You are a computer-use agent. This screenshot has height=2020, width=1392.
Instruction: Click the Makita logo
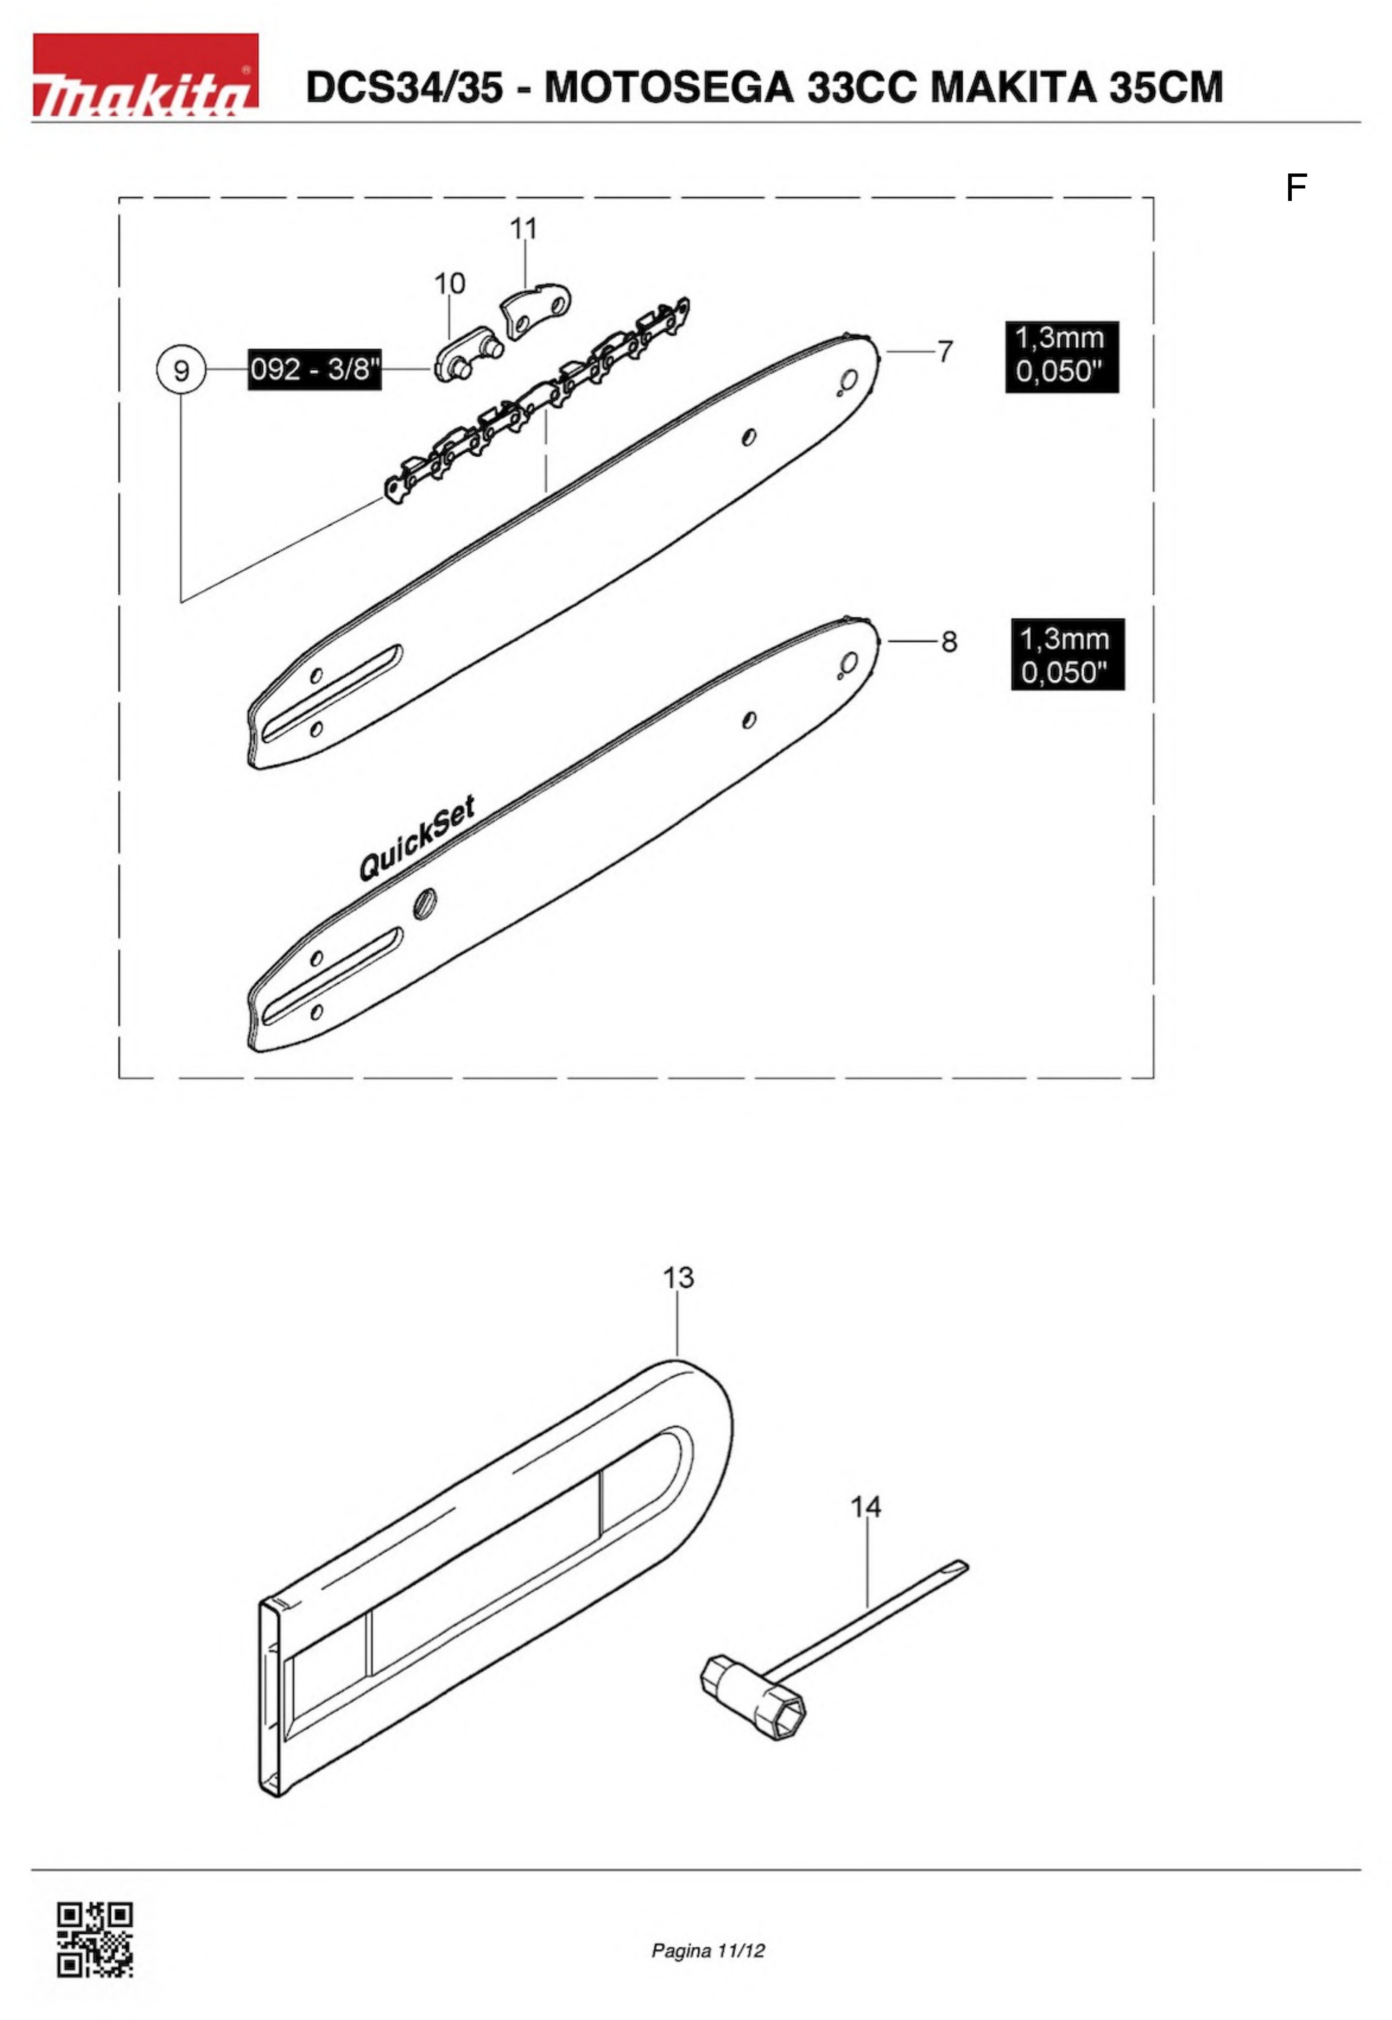point(146,76)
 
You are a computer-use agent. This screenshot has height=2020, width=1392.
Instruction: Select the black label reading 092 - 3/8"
point(315,370)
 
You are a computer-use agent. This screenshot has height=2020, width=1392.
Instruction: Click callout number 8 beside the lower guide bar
point(949,643)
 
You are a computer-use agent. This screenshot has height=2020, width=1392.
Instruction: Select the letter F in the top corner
point(1296,188)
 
